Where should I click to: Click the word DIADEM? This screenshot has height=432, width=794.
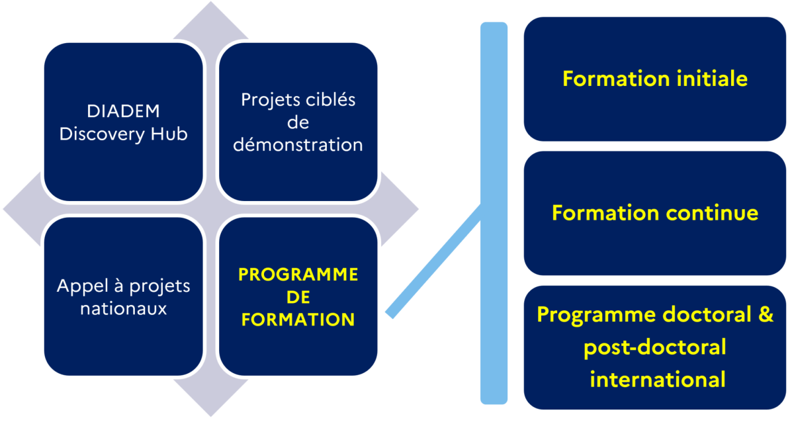coord(123,111)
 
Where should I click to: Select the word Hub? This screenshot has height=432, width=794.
coord(169,134)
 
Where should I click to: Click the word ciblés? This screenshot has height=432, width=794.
coord(331,100)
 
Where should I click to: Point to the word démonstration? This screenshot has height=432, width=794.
coord(298,145)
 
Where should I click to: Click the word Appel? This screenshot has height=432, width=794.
coord(83,286)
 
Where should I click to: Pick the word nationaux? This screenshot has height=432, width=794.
coord(123,309)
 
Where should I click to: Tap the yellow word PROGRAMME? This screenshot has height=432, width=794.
coord(298,275)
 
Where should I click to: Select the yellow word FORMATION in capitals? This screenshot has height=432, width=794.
coord(298,320)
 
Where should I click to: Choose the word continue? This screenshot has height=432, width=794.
coord(712,213)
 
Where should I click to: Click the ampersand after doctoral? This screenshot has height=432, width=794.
coord(766,314)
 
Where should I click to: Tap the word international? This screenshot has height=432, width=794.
coord(658,379)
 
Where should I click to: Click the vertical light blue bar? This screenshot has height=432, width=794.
coord(494,213)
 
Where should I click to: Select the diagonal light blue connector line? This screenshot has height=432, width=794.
coord(433,261)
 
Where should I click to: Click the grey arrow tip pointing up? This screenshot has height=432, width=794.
coord(211,2)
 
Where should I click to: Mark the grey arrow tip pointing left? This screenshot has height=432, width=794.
coord(3,209)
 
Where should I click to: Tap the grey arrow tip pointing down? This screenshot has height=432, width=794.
coord(211,416)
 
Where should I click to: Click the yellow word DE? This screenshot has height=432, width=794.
coord(298,297)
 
